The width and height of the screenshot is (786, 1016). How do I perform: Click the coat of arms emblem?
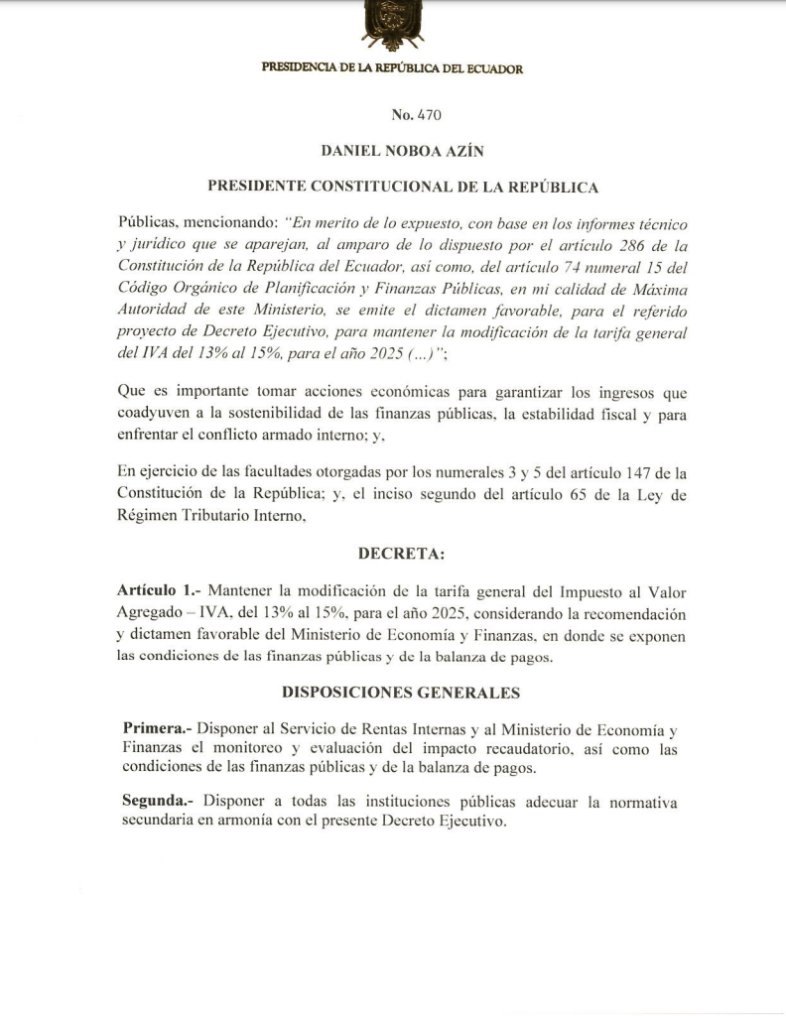pyautogui.click(x=393, y=24)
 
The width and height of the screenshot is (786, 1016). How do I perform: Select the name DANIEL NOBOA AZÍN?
pyautogui.click(x=392, y=151)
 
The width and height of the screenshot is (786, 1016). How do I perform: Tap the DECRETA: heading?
pyautogui.click(x=393, y=554)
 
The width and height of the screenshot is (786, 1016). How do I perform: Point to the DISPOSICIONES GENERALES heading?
pyautogui.click(x=394, y=693)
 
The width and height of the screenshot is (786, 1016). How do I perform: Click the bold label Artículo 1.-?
pyautogui.click(x=154, y=590)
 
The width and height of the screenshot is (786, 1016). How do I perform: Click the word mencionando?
pyautogui.click(x=226, y=224)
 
